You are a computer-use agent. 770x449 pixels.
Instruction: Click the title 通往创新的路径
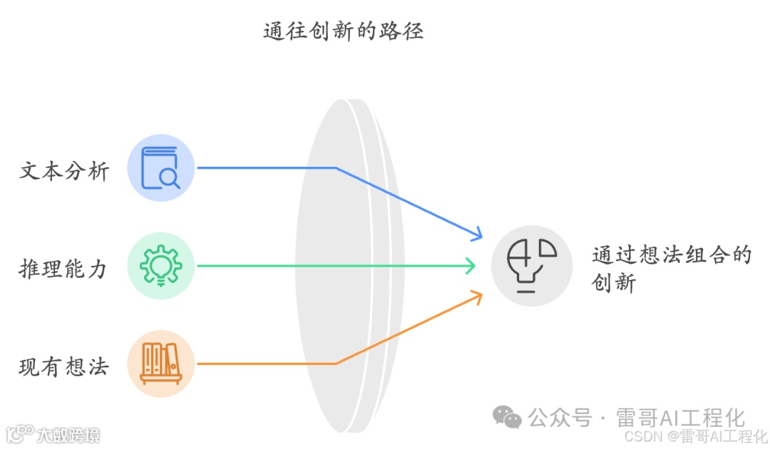tap(343, 31)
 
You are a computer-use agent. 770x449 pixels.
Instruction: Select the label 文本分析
tap(64, 171)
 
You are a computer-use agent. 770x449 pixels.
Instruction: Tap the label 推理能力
tap(64, 269)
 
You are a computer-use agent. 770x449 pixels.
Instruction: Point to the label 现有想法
tap(64, 367)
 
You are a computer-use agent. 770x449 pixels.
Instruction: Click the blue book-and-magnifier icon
tap(161, 168)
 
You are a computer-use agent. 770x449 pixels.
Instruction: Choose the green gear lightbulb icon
tap(161, 266)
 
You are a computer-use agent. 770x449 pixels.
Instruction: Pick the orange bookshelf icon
tap(161, 363)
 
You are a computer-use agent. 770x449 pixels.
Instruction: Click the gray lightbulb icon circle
tap(532, 266)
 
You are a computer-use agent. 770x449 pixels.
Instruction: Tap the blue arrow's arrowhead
tap(476, 233)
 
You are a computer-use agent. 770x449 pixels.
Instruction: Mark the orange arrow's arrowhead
tap(476, 296)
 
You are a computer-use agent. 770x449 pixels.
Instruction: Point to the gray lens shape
tap(349, 266)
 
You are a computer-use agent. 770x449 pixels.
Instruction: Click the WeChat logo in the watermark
tap(508, 417)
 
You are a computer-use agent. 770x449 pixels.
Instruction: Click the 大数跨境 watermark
tap(53, 434)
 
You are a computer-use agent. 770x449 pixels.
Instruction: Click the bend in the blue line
tap(336, 168)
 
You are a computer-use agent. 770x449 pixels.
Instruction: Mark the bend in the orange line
tap(336, 363)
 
